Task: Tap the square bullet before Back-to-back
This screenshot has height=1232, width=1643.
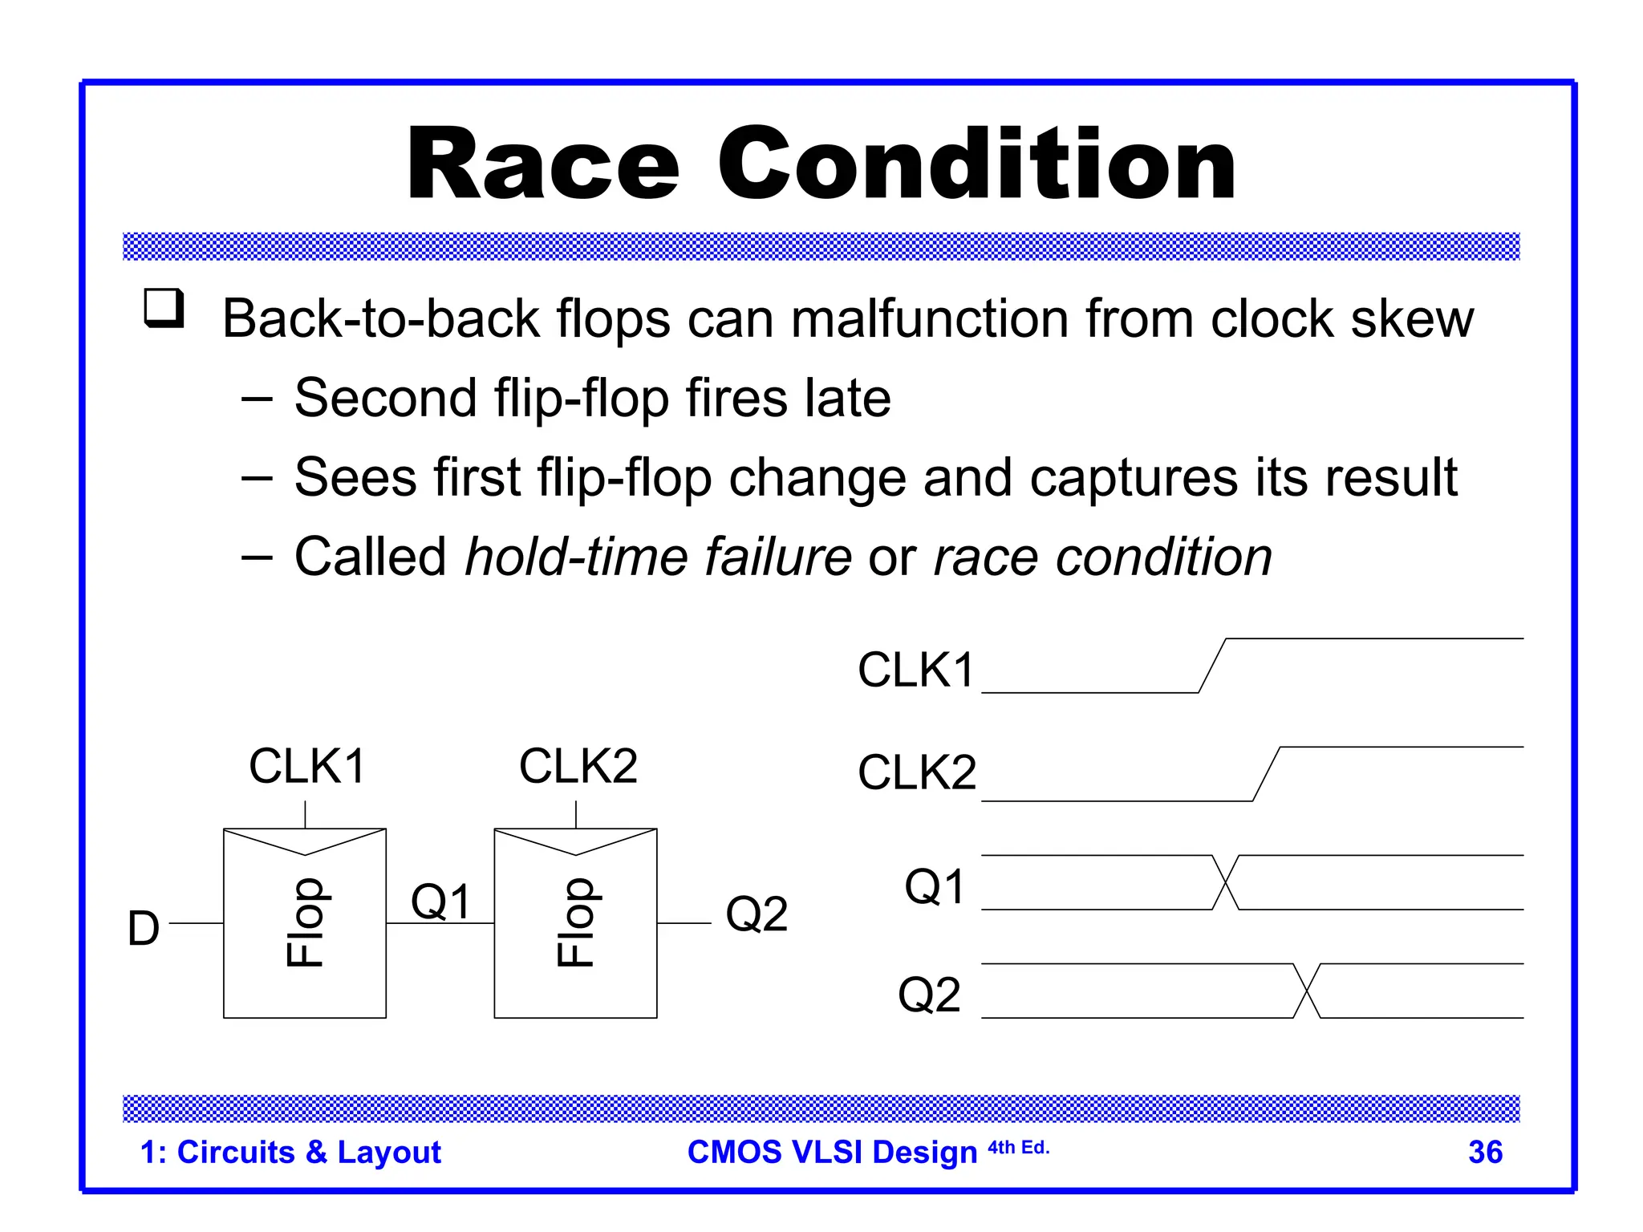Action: [164, 308]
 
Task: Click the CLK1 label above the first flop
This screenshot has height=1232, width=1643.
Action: [307, 766]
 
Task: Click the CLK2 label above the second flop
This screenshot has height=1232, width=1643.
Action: [578, 766]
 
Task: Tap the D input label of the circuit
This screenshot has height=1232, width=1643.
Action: [144, 929]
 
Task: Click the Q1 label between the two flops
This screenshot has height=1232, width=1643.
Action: [440, 901]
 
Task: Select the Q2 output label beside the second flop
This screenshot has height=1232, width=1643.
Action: [756, 914]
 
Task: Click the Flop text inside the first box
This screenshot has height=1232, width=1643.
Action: [305, 922]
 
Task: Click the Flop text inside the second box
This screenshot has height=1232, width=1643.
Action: [576, 922]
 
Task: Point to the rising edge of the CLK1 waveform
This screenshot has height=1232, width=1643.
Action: [1212, 666]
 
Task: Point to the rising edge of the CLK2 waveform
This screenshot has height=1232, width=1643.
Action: [1266, 774]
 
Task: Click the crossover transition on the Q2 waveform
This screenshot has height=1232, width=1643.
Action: [1307, 991]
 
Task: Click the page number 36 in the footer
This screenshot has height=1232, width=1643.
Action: [1485, 1153]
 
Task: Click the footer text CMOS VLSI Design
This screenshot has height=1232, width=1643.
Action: [832, 1153]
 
